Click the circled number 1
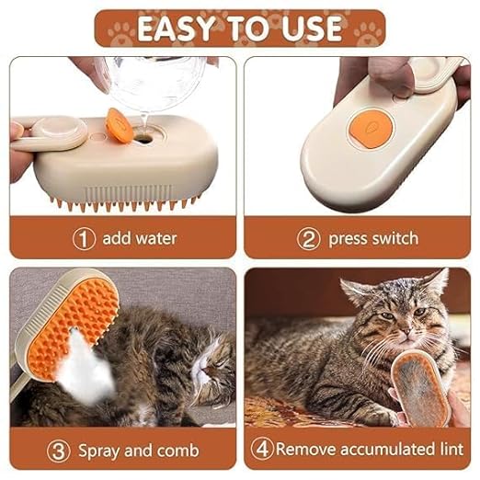point(85,238)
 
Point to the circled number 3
point(58,451)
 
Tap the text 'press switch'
point(372,238)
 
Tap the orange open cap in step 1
point(118,120)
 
